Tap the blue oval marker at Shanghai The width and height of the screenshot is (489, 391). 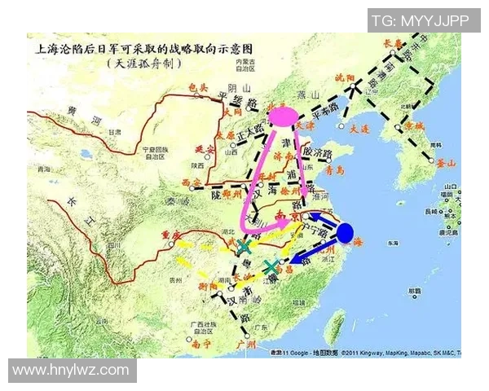[x=345, y=233]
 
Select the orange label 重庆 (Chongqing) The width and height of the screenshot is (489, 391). [x=170, y=235]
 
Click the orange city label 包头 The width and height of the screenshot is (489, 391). [x=199, y=87]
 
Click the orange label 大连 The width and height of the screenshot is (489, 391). [x=359, y=129]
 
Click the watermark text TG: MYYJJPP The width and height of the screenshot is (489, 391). [x=423, y=20]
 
